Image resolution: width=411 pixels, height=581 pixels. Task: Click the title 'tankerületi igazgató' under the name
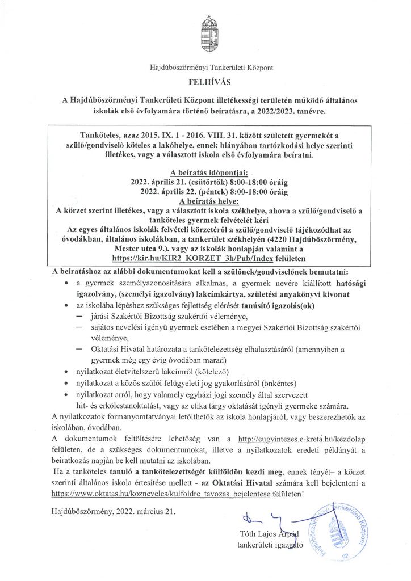click(x=271, y=546)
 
